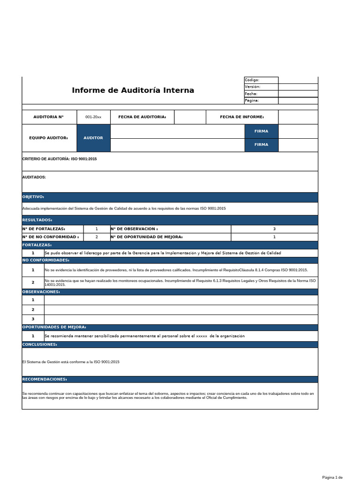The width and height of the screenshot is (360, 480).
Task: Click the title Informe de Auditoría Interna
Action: click(133, 90)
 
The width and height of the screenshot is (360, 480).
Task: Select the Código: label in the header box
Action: click(252, 80)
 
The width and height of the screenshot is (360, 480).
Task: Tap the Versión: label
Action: click(252, 87)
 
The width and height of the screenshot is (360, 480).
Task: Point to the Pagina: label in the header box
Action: click(252, 100)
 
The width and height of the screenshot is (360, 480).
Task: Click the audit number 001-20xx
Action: click(97, 117)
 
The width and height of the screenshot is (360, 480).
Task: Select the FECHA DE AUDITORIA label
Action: click(142, 117)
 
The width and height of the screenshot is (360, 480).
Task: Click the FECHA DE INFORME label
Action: click(242, 117)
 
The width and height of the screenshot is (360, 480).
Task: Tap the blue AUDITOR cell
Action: click(93, 138)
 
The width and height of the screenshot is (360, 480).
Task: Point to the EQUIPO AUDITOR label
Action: click(48, 138)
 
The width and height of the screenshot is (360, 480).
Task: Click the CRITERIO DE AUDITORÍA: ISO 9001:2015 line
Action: click(60, 159)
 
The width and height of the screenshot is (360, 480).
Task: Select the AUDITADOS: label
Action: click(34, 177)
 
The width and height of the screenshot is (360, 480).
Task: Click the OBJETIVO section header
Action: click(33, 197)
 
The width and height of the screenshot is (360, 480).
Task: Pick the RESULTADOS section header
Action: click(37, 220)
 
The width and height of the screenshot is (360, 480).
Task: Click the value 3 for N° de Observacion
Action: click(274, 229)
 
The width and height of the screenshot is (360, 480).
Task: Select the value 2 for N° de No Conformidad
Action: click(97, 237)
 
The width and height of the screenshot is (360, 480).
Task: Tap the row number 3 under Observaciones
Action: click(33, 319)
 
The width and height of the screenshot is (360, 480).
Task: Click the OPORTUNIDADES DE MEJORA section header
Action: click(54, 327)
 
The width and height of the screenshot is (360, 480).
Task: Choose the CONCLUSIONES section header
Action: click(40, 345)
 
